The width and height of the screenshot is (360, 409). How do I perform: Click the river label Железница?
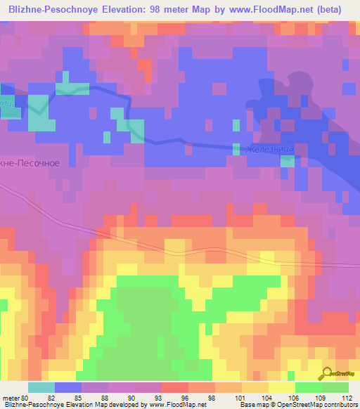tap(269, 148)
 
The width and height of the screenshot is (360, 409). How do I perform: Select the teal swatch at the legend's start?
tap(41, 387)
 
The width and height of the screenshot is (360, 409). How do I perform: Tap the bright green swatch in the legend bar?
tap(308, 387)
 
